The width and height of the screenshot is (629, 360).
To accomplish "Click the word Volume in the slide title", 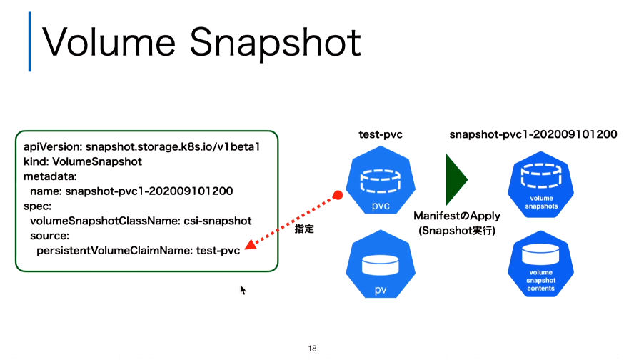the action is (109, 41).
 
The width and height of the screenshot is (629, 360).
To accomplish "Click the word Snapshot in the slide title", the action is (275, 44).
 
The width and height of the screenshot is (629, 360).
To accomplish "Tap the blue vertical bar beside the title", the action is (30, 41).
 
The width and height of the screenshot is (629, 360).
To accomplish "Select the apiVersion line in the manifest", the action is (141, 147).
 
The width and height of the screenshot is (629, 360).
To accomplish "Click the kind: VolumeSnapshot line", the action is (83, 161).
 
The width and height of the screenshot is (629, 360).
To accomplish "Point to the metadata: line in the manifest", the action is (50, 176).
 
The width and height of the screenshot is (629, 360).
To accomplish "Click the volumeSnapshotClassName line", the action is (141, 221).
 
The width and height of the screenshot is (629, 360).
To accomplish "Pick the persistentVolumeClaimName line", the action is (139, 251).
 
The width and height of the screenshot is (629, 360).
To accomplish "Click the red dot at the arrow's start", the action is (338, 196).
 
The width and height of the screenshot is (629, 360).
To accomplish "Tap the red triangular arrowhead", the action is (251, 244).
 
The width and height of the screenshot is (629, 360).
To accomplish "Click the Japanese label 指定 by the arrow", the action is (304, 229).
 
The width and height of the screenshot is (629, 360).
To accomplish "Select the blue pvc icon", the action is (381, 180).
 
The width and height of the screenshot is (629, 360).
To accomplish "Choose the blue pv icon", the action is (381, 264).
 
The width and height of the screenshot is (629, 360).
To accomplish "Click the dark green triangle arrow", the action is (456, 179).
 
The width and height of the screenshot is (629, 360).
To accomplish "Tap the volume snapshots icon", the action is (540, 184).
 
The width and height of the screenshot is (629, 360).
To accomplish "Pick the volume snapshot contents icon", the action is (540, 264).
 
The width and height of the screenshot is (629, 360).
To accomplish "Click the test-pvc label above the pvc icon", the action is (381, 134).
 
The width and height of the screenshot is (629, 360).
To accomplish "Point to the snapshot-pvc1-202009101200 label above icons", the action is (533, 134).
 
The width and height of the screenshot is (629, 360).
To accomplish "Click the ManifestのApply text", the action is (457, 216).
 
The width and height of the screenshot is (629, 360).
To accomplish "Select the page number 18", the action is (313, 349).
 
